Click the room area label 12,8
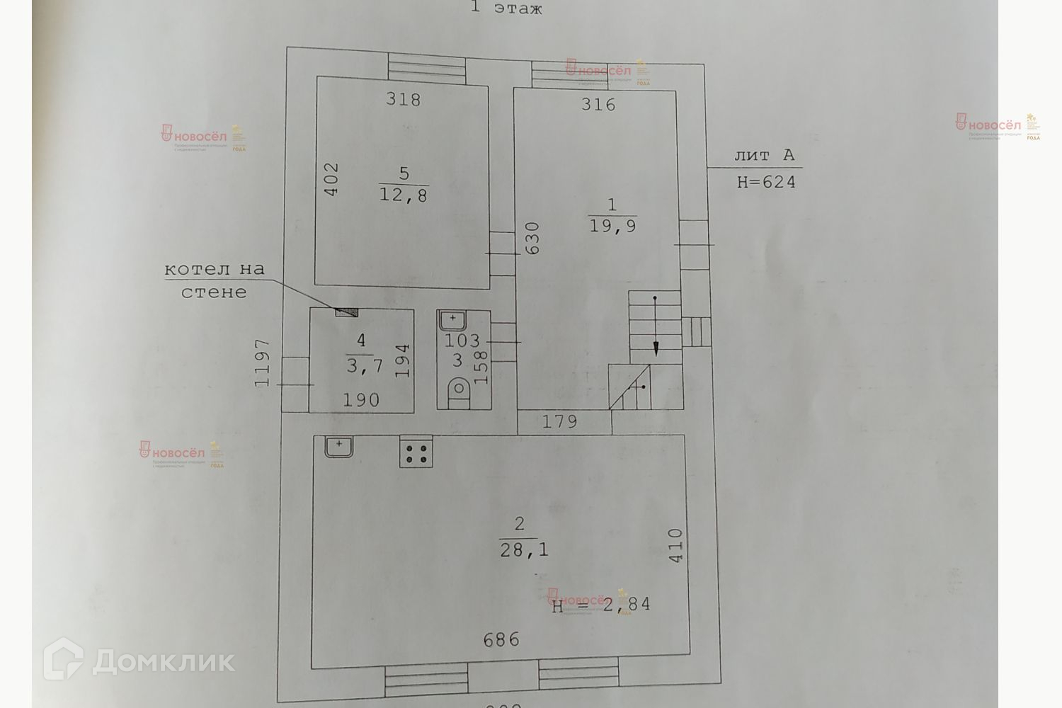404,195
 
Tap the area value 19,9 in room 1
612,226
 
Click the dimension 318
404,100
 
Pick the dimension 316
598,105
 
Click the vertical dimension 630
533,239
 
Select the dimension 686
501,640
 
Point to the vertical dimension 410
675,546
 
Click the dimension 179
560,423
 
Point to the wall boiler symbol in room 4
347,312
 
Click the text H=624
766,182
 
